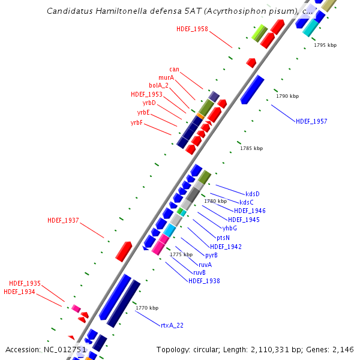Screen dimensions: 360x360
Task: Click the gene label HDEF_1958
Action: click(192, 29)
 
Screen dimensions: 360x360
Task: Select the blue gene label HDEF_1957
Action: click(311, 122)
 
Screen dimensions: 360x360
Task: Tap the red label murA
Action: click(166, 77)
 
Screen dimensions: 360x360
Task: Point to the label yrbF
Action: click(136, 122)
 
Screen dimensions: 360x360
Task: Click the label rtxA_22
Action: click(172, 325)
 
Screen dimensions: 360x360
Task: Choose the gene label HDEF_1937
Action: click(63, 221)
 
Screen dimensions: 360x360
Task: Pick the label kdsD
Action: click(253, 194)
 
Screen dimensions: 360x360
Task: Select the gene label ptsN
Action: click(223, 238)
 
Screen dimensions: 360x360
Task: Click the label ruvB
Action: click(199, 272)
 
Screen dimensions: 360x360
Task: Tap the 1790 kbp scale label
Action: click(286, 96)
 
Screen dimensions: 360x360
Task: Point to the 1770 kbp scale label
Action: click(147, 308)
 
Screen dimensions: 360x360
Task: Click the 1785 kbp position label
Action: click(251, 148)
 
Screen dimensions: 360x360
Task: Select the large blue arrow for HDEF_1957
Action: click(252, 89)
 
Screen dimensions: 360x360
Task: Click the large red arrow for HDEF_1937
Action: click(124, 251)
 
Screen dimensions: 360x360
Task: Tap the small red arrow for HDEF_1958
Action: click(251, 62)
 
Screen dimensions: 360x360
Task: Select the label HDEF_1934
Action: click(19, 292)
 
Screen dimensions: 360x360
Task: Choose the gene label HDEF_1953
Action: click(146, 94)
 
